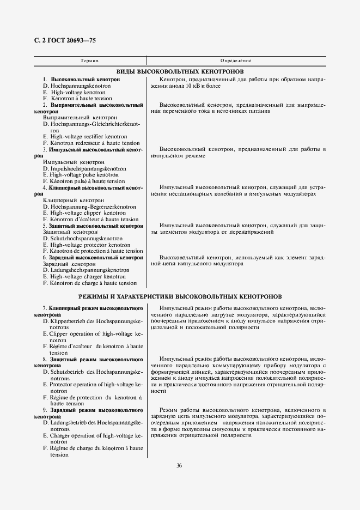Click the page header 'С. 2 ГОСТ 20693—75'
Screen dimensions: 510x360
point(61,41)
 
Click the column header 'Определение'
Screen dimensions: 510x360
point(235,60)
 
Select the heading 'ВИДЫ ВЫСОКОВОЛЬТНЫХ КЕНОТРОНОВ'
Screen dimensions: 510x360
point(180,71)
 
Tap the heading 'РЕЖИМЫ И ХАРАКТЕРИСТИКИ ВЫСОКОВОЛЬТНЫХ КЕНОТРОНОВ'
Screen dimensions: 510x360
point(180,297)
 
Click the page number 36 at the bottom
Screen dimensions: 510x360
point(179,465)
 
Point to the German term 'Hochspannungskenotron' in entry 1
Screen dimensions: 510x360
point(80,86)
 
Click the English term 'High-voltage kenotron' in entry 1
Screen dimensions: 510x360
point(74,93)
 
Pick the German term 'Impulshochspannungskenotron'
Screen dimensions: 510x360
point(88,169)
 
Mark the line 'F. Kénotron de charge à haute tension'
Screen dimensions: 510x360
point(89,283)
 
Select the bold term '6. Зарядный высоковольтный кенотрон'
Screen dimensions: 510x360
point(93,258)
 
